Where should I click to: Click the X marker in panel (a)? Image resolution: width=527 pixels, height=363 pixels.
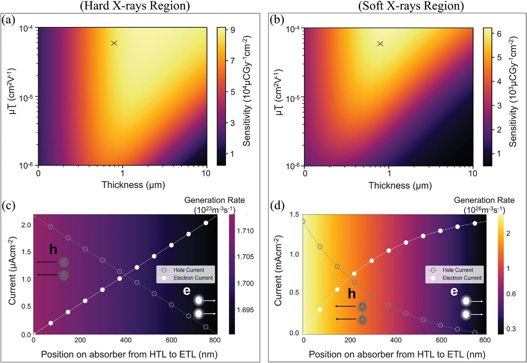pos(114,43)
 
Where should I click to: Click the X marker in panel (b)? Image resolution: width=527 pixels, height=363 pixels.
pos(380,44)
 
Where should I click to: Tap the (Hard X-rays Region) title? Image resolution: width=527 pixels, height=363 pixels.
pos(135,6)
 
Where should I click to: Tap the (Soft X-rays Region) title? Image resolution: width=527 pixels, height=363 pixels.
pos(411,6)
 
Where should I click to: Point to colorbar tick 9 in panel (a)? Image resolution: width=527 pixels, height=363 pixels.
pos(232,30)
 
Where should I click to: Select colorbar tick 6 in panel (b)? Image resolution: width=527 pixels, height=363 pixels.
pos(499,34)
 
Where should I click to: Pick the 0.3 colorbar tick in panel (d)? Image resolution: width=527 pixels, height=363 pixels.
pos(511,329)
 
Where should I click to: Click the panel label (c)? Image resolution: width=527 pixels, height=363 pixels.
pos(8,205)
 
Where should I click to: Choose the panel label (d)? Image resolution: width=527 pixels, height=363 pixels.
pos(276,205)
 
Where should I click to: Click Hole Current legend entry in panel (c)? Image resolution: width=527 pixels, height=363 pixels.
pos(189,270)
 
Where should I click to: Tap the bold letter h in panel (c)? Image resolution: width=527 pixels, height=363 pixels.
pos(53,250)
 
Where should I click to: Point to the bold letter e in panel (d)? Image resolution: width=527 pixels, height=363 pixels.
pos(454,291)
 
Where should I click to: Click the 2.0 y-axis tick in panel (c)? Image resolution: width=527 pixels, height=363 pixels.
pos(26,225)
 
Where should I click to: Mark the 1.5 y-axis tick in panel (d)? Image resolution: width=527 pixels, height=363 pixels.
pos(294,215)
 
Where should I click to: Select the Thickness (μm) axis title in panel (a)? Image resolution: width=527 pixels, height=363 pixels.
pos(133,185)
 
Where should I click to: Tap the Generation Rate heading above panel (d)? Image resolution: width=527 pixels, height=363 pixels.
pos(484,200)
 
